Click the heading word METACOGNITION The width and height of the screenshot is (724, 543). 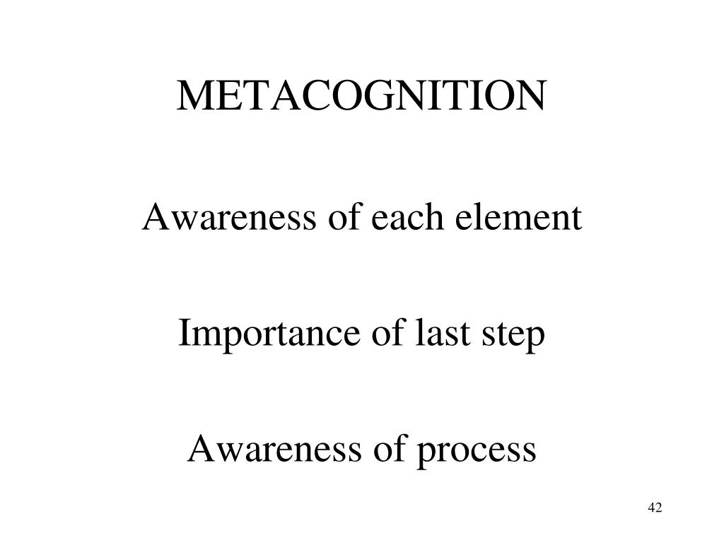tap(362, 97)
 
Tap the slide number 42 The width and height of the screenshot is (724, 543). tap(654, 508)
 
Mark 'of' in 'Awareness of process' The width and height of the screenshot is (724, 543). tap(389, 449)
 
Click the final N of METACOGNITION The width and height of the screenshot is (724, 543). tap(532, 97)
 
